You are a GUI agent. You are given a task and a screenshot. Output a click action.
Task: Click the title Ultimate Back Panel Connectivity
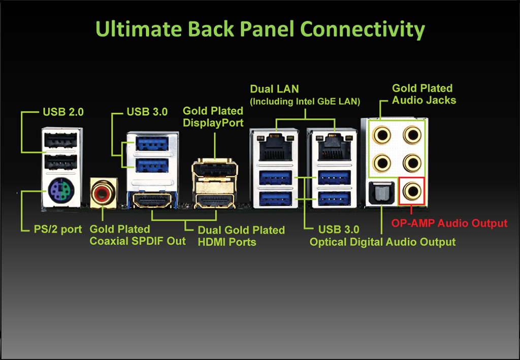[260, 29]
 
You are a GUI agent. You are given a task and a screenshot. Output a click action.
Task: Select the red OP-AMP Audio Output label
[449, 223]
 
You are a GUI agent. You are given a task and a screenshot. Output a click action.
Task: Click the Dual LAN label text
[274, 90]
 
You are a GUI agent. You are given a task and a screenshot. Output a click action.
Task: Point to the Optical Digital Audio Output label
[383, 242]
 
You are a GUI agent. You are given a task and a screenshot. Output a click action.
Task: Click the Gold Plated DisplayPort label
[213, 116]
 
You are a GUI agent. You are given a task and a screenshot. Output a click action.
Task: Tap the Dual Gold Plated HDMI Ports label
[241, 236]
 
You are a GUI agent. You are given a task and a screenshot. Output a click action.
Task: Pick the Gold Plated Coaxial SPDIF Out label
[138, 235]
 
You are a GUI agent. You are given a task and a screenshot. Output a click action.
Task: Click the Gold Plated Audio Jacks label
[424, 94]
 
